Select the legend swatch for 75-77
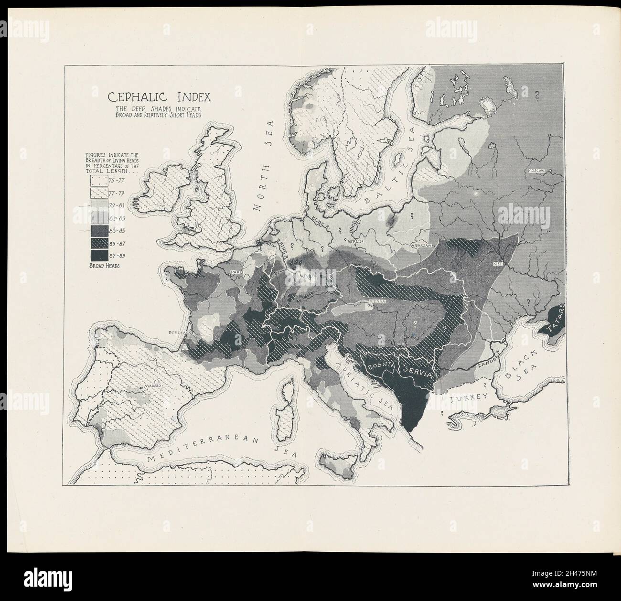coord(99,181)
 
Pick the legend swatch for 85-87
coord(99,243)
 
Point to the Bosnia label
coord(380,366)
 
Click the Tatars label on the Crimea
coord(556,320)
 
